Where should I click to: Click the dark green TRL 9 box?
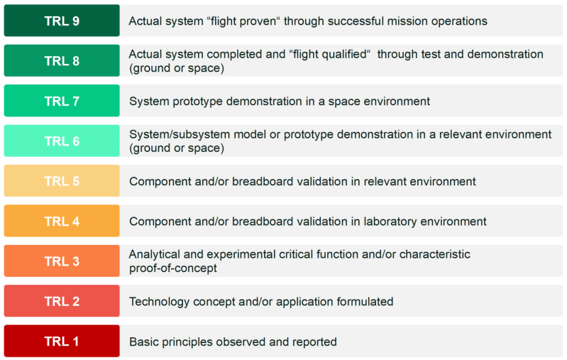click(x=62, y=21)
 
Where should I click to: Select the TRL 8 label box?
click(x=62, y=60)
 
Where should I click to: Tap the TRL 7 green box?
click(x=62, y=101)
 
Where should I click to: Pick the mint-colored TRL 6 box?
click(x=62, y=141)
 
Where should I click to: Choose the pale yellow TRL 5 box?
click(x=62, y=181)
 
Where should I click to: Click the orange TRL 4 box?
click(x=62, y=221)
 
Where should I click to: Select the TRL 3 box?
click(x=62, y=261)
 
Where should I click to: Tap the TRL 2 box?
click(x=62, y=301)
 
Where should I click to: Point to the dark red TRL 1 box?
click(x=62, y=341)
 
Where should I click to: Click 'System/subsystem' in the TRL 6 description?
click(x=180, y=135)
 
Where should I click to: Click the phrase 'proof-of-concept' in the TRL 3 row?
click(x=173, y=268)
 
